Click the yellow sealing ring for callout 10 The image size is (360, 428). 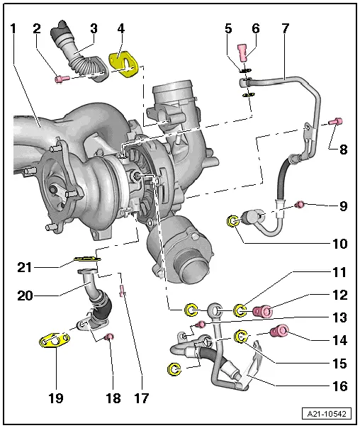[234, 222]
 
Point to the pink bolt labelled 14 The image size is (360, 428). [282, 331]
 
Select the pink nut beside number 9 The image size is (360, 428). [300, 205]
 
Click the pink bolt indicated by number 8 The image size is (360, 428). [337, 122]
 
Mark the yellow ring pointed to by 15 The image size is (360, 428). [241, 336]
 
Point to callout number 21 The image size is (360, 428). [26, 267]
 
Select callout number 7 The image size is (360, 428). [286, 29]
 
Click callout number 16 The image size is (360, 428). [340, 386]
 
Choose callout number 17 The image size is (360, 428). [141, 398]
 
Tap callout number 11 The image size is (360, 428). [340, 271]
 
